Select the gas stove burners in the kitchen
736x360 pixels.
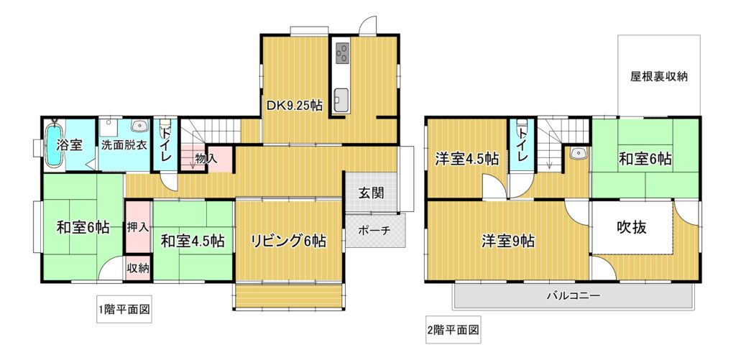click(343, 52)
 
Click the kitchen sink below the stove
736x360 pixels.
click(341, 98)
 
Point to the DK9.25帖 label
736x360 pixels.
click(294, 106)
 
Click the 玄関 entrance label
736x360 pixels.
click(372, 193)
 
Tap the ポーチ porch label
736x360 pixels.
click(374, 231)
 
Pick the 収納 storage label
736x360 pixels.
click(138, 269)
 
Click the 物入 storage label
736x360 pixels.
click(206, 159)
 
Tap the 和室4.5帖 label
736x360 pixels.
click(193, 241)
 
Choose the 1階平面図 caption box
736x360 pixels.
click(124, 309)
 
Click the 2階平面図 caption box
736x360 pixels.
click(453, 330)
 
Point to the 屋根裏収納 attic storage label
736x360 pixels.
click(658, 76)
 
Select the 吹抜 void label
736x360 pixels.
click(631, 228)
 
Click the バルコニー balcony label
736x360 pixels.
click(573, 296)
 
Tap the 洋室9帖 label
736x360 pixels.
click(508, 241)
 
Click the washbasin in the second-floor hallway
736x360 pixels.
click(579, 152)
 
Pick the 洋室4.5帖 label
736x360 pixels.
click(466, 159)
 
